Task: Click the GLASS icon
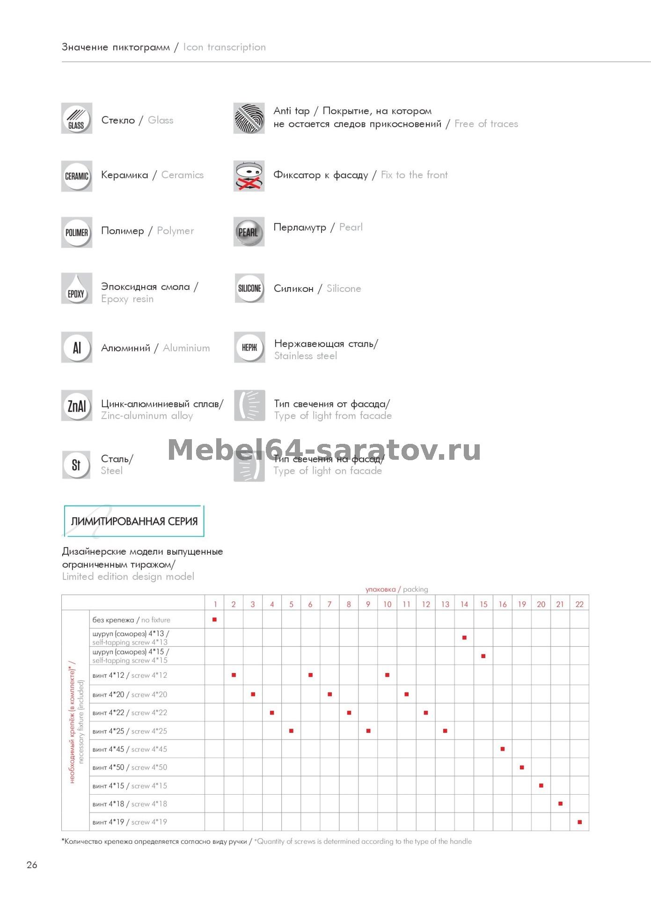click(x=76, y=118)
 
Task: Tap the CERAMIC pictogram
click(x=76, y=176)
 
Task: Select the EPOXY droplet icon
click(x=76, y=289)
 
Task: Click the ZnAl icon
click(x=76, y=406)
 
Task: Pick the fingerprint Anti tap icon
click(x=249, y=118)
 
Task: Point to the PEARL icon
click(x=249, y=232)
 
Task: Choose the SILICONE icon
click(x=249, y=288)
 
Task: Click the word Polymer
click(x=175, y=231)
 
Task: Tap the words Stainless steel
click(x=305, y=356)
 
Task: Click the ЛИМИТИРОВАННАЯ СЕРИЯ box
click(x=134, y=521)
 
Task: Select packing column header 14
click(x=464, y=604)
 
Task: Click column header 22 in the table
click(x=579, y=604)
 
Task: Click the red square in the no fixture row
click(x=214, y=620)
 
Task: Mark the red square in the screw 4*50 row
click(x=522, y=768)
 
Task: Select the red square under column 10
click(x=387, y=675)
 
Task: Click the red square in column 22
click(x=579, y=822)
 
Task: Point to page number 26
click(x=32, y=865)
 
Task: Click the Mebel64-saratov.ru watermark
click(x=324, y=449)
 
